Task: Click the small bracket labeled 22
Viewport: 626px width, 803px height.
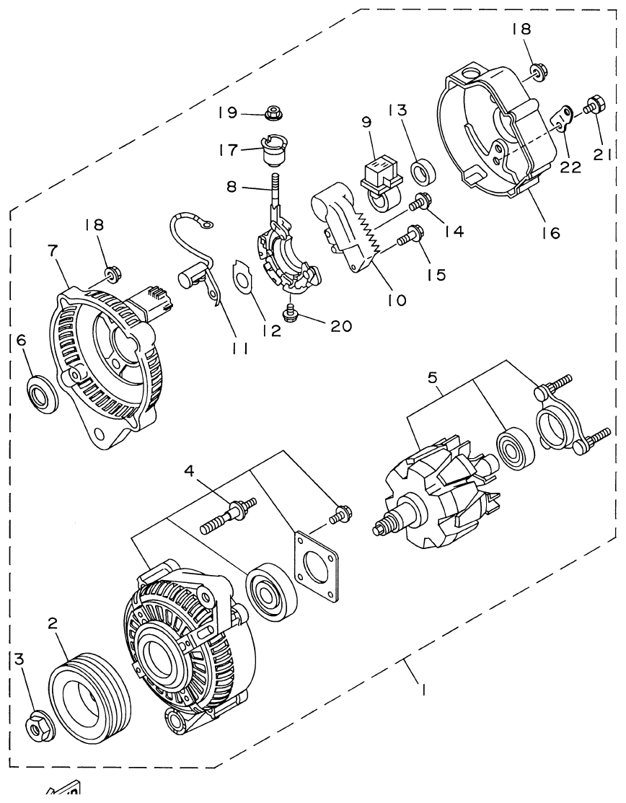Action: coord(563,115)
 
